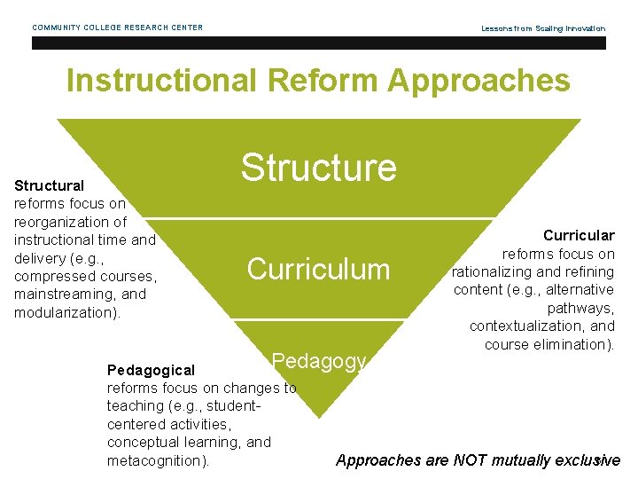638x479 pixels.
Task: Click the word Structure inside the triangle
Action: tap(319, 167)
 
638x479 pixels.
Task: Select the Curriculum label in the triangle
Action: tap(318, 269)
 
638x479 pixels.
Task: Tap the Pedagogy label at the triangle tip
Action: tap(318, 361)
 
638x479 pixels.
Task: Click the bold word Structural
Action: tap(50, 185)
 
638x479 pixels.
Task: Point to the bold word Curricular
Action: tap(579, 235)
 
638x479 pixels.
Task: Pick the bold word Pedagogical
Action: tap(151, 369)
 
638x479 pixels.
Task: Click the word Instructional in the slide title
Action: tap(159, 82)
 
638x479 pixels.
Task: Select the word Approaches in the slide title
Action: tap(479, 82)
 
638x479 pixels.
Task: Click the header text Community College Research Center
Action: tap(118, 27)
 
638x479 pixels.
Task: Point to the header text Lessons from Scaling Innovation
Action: tap(543, 28)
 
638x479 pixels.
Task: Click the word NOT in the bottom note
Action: tap(472, 459)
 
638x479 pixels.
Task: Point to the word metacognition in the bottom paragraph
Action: tap(156, 460)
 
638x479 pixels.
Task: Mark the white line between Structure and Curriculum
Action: tap(319, 218)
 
